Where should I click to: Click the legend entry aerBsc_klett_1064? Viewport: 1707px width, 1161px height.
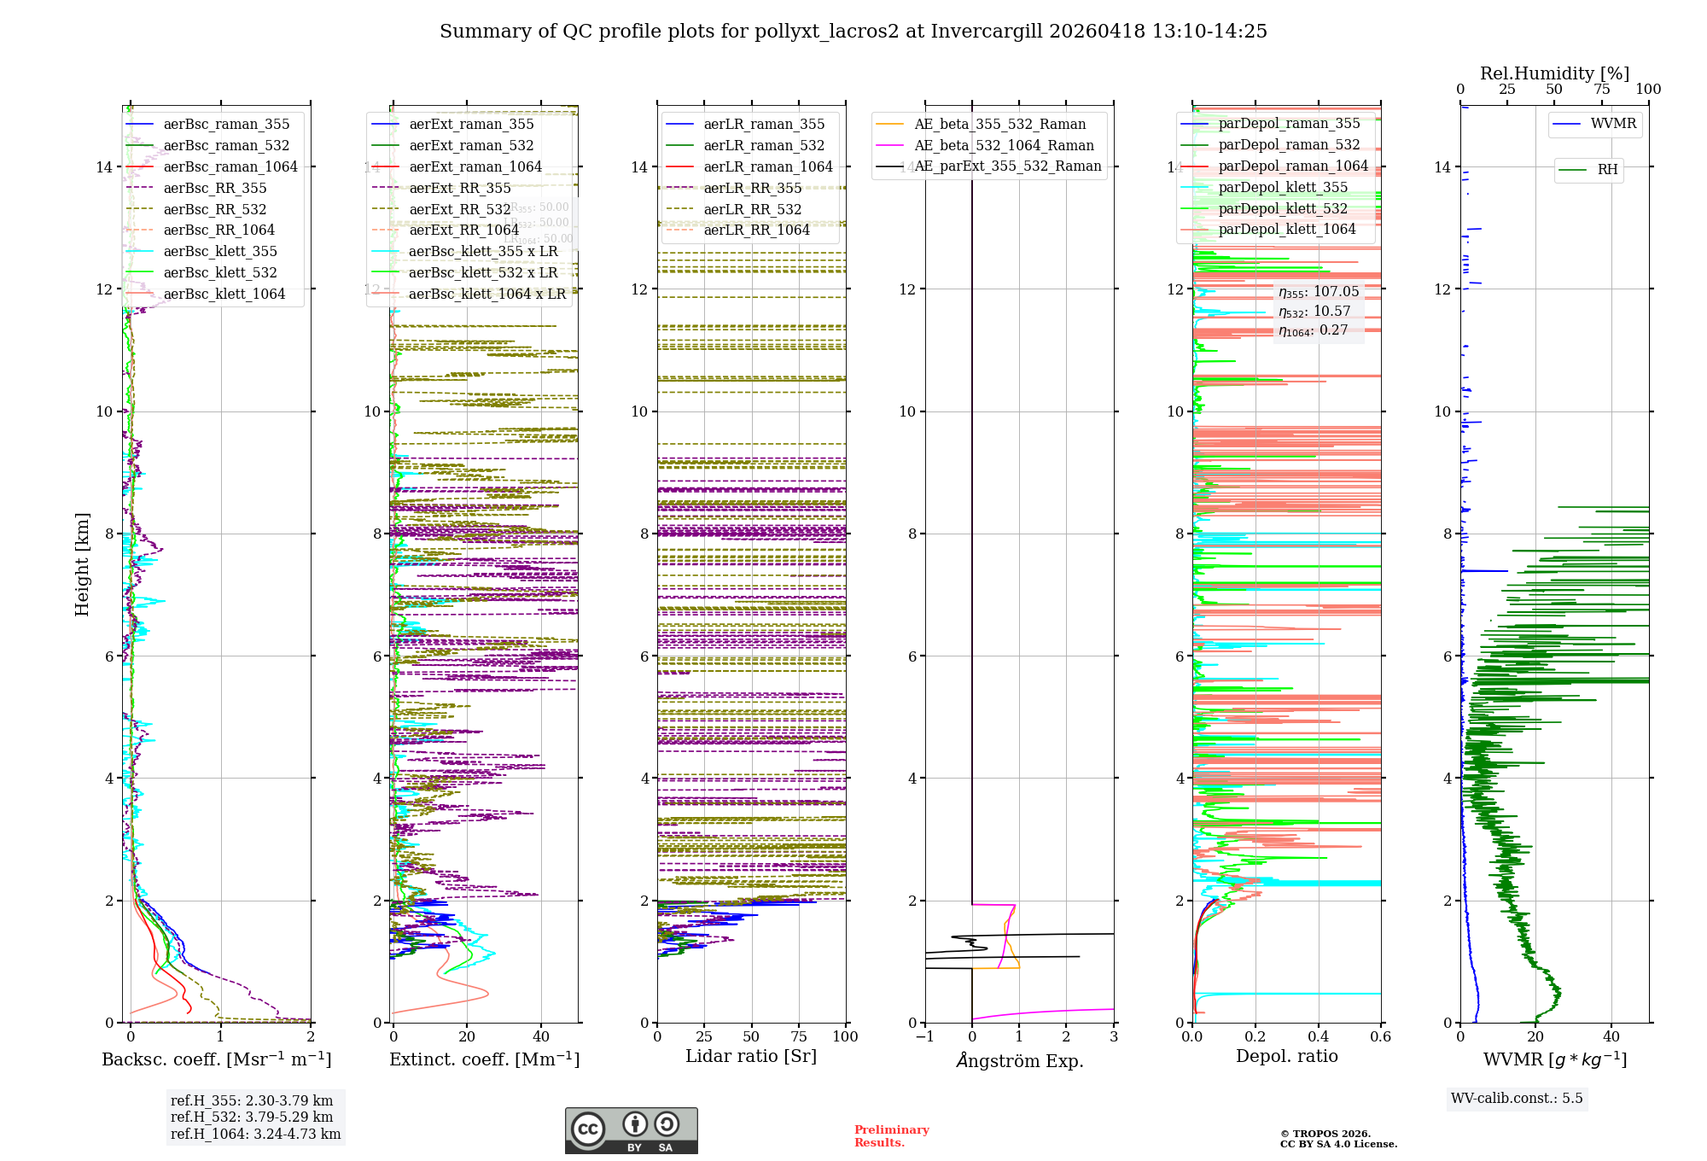click(x=224, y=294)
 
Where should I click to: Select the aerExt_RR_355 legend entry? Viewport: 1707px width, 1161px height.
click(x=459, y=188)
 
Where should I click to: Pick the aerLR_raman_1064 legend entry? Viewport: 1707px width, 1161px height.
click(x=767, y=166)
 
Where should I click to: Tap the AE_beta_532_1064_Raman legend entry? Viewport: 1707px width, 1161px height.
click(x=1004, y=145)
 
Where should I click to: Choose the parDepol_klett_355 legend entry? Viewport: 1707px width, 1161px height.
click(x=1282, y=187)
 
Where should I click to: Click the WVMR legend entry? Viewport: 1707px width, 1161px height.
click(x=1613, y=124)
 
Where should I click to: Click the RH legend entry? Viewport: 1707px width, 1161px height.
click(x=1607, y=170)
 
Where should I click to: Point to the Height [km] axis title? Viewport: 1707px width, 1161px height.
click(x=82, y=563)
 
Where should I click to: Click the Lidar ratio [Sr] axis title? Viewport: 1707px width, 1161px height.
click(x=751, y=1056)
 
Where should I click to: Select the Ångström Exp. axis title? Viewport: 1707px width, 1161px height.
click(x=1019, y=1060)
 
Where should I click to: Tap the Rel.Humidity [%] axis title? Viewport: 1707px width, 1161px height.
click(x=1554, y=73)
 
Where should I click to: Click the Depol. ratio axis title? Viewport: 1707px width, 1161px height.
click(x=1286, y=1056)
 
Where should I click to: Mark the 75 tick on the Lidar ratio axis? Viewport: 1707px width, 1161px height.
click(x=799, y=1036)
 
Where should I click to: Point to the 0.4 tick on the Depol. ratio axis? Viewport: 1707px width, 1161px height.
click(x=1318, y=1036)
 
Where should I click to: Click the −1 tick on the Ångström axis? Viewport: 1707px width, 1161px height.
click(x=924, y=1036)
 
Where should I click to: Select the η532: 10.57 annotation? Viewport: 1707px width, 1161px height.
click(x=1314, y=312)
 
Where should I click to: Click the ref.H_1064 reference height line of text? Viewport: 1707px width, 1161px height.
click(x=255, y=1134)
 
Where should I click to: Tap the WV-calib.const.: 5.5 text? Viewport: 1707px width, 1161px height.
click(x=1517, y=1098)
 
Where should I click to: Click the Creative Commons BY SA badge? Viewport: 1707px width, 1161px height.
click(x=631, y=1130)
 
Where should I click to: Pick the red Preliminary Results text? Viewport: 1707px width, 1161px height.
click(x=891, y=1135)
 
